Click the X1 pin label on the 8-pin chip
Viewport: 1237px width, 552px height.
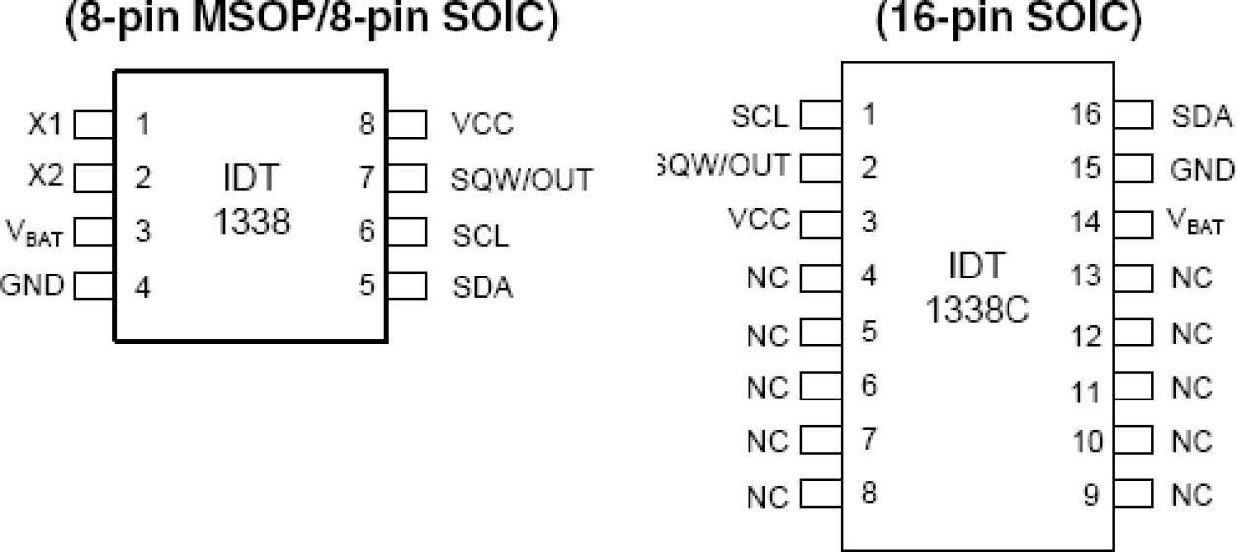click(44, 125)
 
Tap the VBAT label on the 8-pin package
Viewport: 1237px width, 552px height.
click(34, 233)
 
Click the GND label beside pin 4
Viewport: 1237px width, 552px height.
click(33, 286)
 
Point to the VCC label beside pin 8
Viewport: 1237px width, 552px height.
click(483, 124)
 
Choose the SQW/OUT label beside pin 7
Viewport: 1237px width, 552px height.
click(522, 179)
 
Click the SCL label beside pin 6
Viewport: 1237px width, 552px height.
click(481, 234)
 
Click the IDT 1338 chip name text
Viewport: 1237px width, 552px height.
click(251, 201)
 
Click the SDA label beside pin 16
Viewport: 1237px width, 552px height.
click(1202, 116)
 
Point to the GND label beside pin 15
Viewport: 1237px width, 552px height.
click(1202, 169)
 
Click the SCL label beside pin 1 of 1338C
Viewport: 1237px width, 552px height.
click(759, 116)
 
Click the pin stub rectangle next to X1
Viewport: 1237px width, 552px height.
click(95, 125)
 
